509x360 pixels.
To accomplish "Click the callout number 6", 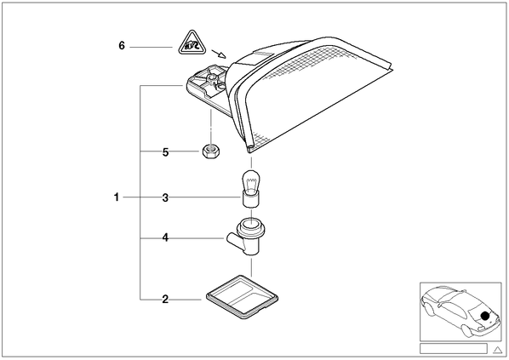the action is [122, 46].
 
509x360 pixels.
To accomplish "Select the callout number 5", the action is [166, 152].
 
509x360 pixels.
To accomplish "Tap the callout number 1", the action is [117, 197].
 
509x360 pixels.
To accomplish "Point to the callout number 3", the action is [165, 197].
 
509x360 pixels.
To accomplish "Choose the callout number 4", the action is [166, 238].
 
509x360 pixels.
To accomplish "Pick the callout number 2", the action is [166, 300].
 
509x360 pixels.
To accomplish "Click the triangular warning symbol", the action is [193, 43].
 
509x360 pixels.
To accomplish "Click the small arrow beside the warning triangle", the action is [219, 54].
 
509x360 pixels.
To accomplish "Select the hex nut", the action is [212, 151].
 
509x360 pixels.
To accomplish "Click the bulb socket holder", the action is [246, 237].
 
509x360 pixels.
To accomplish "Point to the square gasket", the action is [243, 297].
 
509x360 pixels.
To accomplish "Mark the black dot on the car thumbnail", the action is [485, 316].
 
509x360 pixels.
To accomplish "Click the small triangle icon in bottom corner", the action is [497, 350].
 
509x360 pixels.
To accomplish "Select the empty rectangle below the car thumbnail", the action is [454, 349].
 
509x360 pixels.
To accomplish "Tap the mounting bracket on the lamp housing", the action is [208, 85].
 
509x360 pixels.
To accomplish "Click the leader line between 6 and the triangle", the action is [151, 47].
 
